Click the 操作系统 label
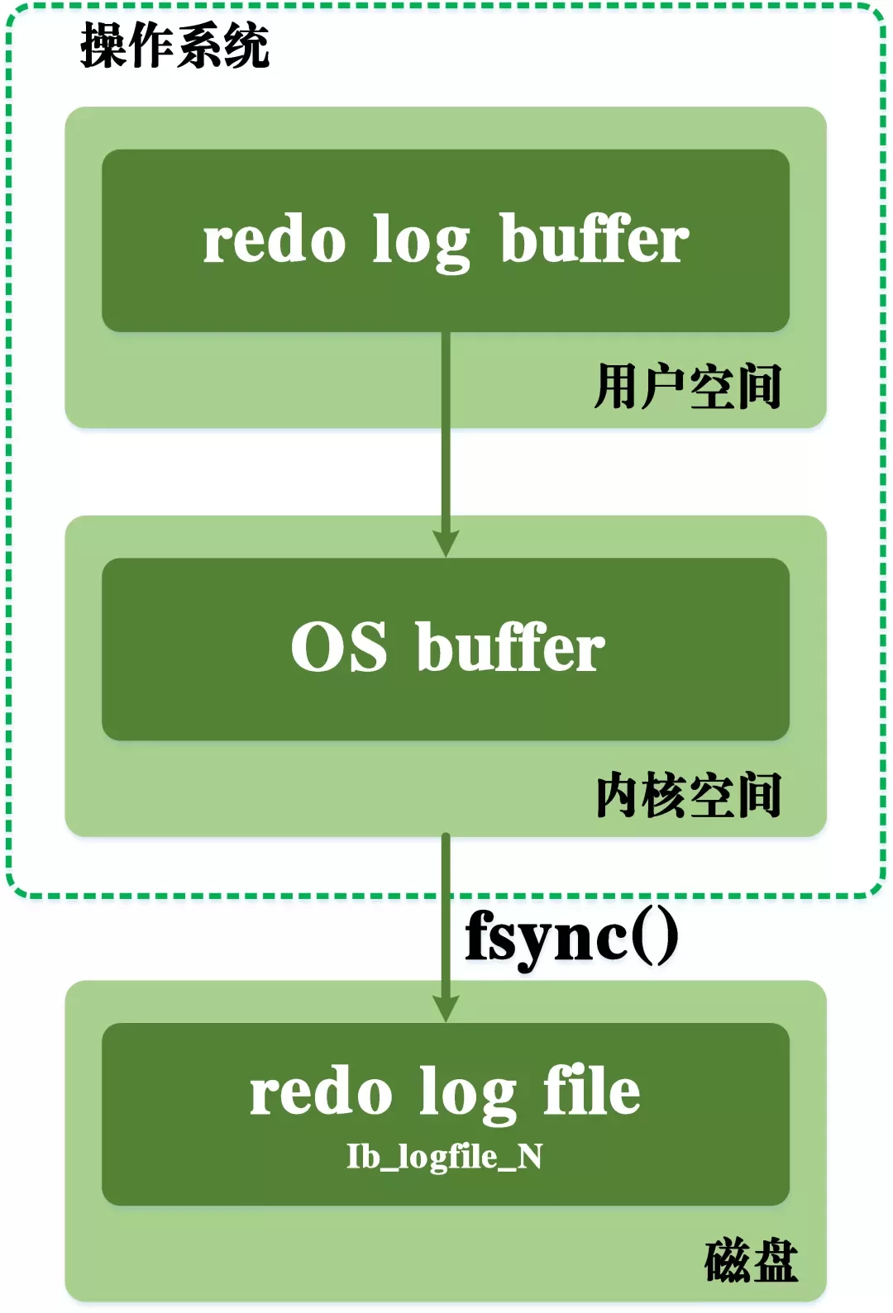(x=174, y=46)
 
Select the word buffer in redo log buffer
(x=594, y=239)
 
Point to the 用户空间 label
(x=688, y=387)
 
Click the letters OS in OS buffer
(x=338, y=647)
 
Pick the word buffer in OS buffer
(x=510, y=647)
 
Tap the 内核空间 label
(x=688, y=795)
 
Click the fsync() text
(x=571, y=937)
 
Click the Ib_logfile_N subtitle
(x=445, y=1157)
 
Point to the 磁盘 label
(x=751, y=1261)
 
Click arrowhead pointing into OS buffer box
(x=446, y=545)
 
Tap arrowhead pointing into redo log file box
(x=446, y=1009)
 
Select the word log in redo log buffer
(x=421, y=242)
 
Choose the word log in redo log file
(x=467, y=1094)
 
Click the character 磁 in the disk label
(x=728, y=1261)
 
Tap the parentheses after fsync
(x=656, y=937)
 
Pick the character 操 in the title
(x=103, y=46)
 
